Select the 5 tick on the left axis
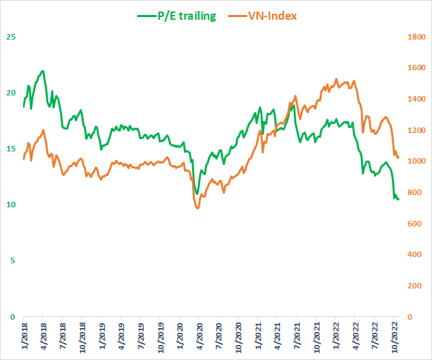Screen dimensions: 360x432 [11, 261]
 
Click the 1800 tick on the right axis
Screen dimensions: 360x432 [416, 37]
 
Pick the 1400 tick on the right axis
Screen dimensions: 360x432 [416, 100]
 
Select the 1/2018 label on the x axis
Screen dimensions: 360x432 [23, 337]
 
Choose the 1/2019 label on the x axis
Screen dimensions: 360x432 [101, 337]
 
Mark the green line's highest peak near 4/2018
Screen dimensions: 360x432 [43, 71]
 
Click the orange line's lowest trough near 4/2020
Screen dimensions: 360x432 [198, 208]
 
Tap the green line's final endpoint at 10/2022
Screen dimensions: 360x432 [398, 199]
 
